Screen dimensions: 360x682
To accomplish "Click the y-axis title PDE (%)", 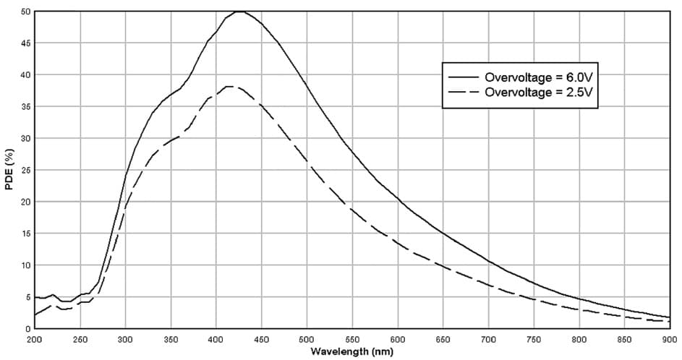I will (9, 170).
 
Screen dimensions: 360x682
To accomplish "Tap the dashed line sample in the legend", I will (464, 93).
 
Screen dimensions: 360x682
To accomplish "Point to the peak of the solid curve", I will (239, 12).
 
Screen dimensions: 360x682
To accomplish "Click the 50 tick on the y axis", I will (25, 12).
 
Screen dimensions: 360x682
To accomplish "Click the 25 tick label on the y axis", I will (25, 170).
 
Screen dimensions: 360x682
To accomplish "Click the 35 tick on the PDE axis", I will (25, 106).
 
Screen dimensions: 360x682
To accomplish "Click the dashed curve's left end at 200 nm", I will (35, 314).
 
